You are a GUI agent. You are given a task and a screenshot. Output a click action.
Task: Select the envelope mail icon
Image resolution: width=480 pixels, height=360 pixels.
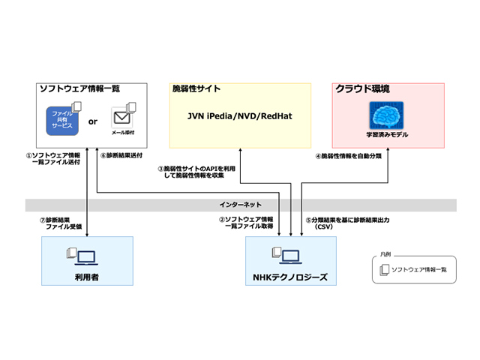coord(122,117)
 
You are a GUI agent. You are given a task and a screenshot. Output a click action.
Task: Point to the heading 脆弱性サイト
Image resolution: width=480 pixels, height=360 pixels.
coord(196,88)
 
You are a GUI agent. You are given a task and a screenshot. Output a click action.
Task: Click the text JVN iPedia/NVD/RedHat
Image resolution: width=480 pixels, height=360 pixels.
coord(238,117)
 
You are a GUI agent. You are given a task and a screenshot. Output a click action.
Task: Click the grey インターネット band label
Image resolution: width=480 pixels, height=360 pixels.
coord(240,204)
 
